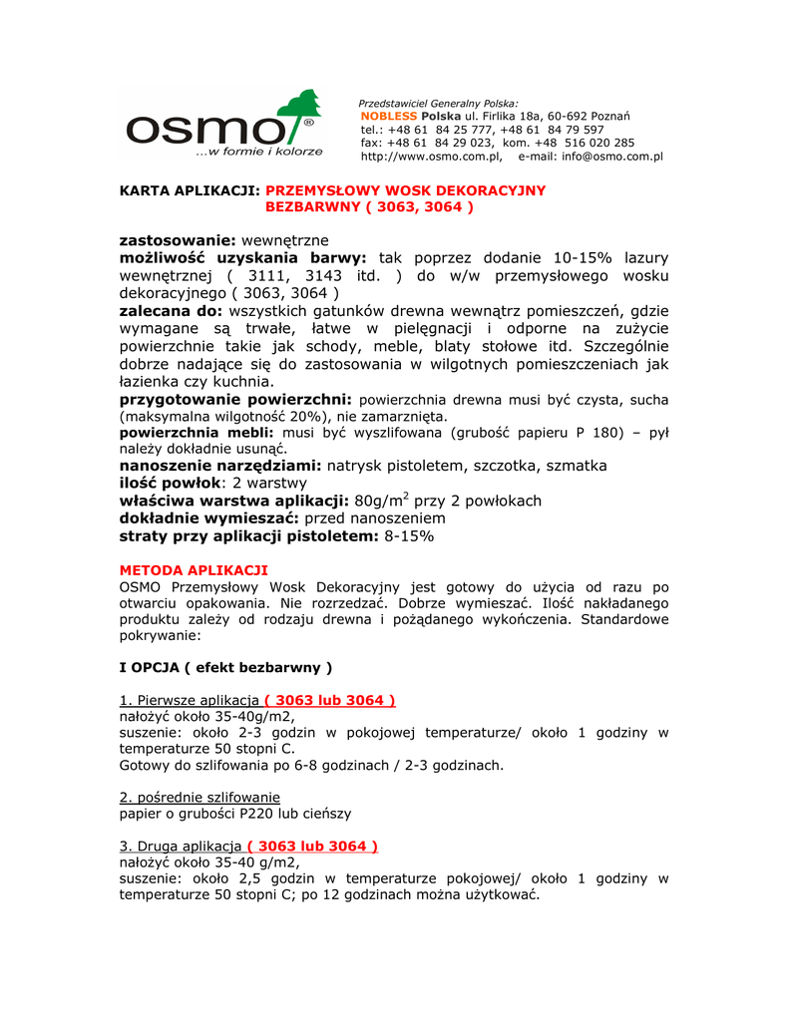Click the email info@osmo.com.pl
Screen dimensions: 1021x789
612,157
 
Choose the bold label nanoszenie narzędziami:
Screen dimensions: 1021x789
220,466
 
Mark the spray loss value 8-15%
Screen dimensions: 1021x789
409,536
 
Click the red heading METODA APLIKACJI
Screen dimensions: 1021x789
194,569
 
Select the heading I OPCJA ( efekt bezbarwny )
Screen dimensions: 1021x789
225,666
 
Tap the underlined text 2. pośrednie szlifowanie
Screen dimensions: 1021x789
199,798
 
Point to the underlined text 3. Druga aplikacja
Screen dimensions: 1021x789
181,847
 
